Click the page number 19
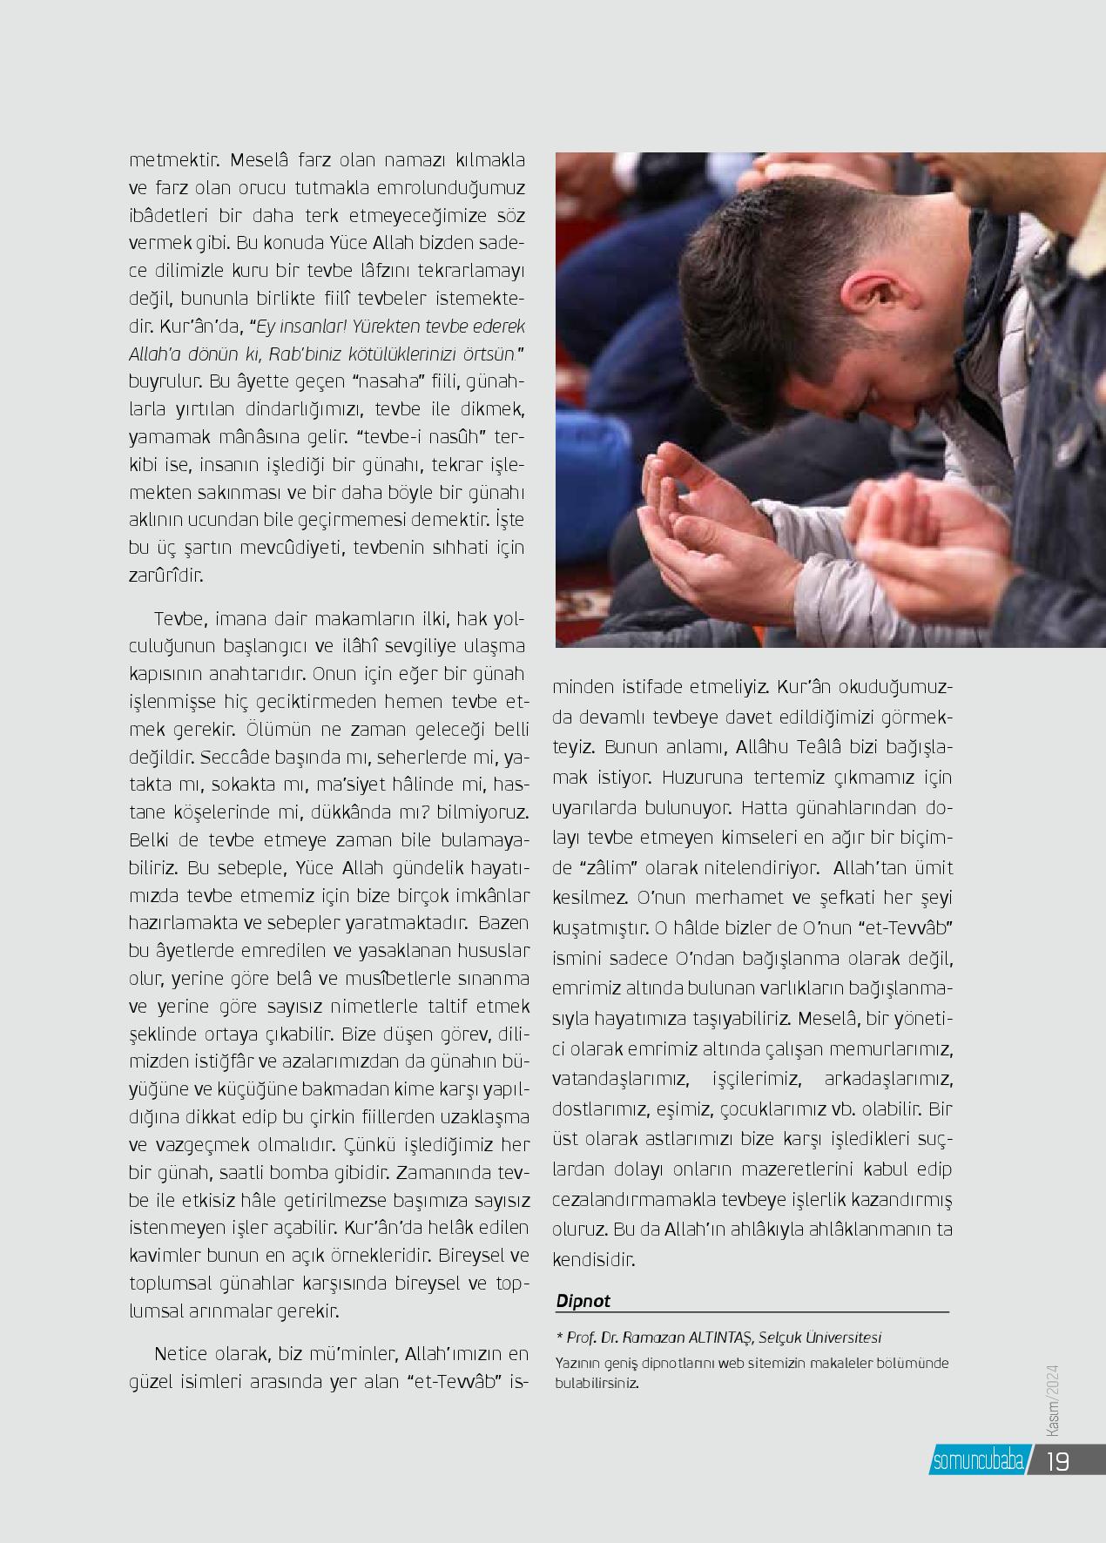click(1056, 1460)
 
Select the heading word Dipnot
click(583, 1301)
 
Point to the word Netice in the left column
click(179, 1354)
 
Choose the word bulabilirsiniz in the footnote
click(597, 1383)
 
